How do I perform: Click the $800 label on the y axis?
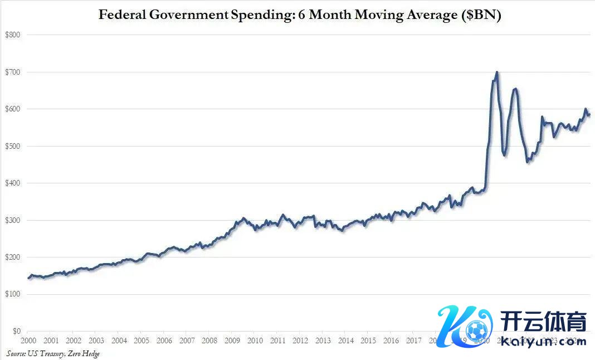pyautogui.click(x=12, y=35)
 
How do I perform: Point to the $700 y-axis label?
pyautogui.click(x=12, y=72)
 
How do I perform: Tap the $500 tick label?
pyautogui.click(x=12, y=146)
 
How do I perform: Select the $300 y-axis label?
pyautogui.click(x=12, y=220)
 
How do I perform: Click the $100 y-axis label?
pyautogui.click(x=12, y=294)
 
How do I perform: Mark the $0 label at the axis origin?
pyautogui.click(x=16, y=332)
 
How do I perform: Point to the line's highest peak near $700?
pyautogui.click(x=496, y=72)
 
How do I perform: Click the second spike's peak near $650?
pyautogui.click(x=515, y=89)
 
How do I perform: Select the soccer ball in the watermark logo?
pyautogui.click(x=477, y=330)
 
